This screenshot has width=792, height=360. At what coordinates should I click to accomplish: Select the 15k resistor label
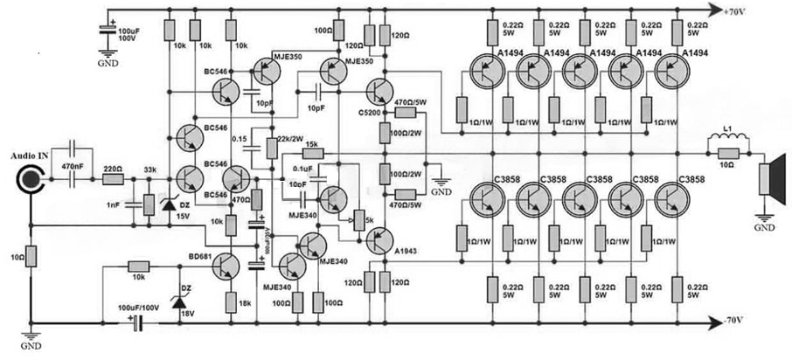tap(312, 145)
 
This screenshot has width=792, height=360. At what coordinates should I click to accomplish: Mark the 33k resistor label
tap(149, 169)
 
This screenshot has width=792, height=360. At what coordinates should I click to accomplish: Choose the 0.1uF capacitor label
tap(303, 170)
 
